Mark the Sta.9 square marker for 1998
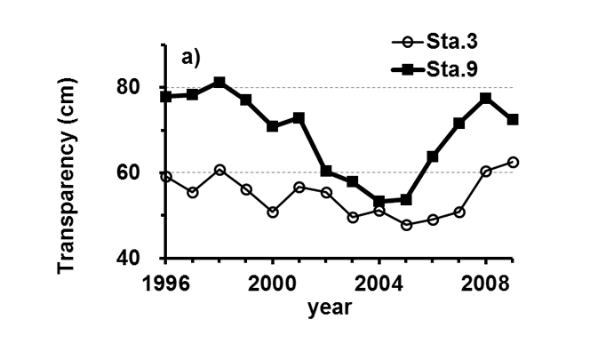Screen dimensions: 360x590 (x=219, y=83)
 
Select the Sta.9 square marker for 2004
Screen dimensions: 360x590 (x=379, y=202)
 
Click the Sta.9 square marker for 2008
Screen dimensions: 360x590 (x=486, y=98)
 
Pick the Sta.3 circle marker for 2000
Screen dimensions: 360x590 (x=273, y=212)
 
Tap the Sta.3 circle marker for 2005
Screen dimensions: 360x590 (x=406, y=225)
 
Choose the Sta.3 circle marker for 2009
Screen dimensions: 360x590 (x=513, y=162)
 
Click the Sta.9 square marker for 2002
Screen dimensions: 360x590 (x=326, y=171)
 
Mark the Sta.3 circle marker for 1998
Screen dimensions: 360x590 (x=219, y=170)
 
